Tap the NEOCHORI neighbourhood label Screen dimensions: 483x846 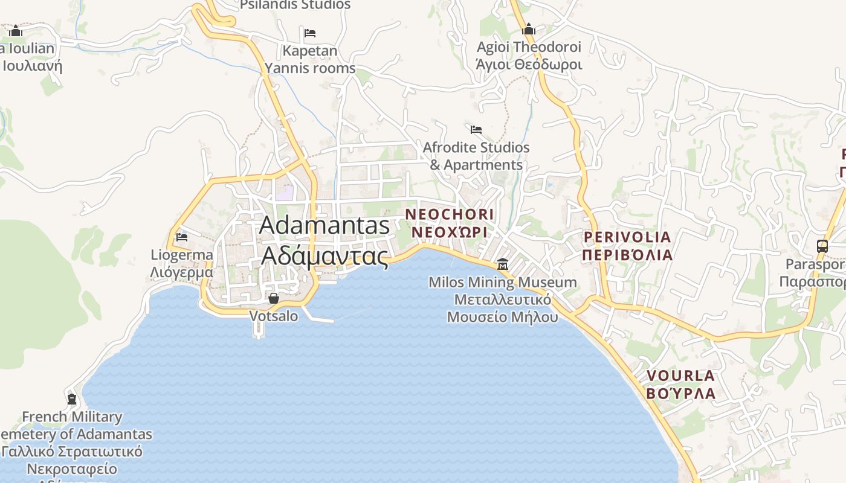(449, 223)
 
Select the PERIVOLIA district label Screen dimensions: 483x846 (627, 245)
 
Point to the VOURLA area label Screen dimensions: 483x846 (680, 385)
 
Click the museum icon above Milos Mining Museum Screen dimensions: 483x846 (502, 264)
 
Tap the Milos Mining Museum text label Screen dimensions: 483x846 (503, 299)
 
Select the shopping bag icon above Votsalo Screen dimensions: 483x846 (274, 298)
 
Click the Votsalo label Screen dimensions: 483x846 (274, 316)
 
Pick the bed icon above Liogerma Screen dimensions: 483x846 (182, 237)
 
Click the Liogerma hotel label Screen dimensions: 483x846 (182, 263)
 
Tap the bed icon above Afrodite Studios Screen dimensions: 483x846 (476, 129)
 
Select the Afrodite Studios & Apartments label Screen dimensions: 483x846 (476, 156)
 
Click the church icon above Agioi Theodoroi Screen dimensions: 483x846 (529, 29)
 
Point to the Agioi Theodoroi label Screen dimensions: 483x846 (529, 56)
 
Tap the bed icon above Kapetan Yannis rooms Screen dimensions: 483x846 (310, 33)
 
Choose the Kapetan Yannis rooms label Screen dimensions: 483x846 (310, 59)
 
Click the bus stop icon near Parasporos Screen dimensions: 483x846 (822, 246)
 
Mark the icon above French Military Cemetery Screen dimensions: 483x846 (72, 399)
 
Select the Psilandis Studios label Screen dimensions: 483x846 (295, 5)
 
